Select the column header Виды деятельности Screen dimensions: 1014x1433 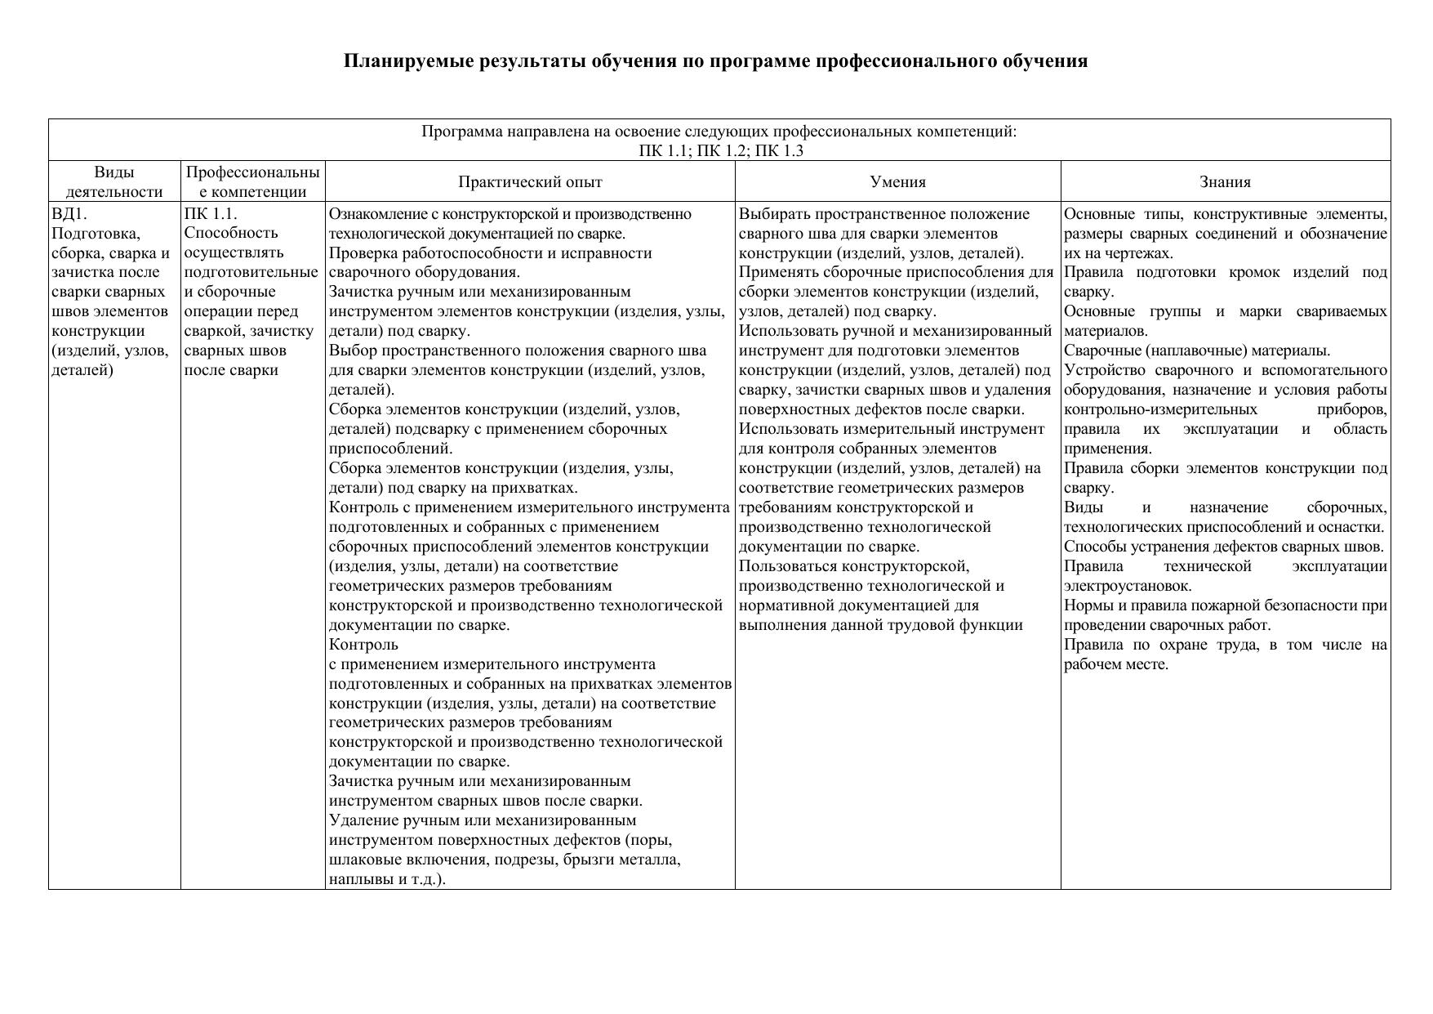[x=114, y=181]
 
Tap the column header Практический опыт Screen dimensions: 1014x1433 [x=530, y=181]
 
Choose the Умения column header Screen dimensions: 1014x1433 [x=897, y=181]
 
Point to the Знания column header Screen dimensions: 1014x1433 [x=1225, y=181]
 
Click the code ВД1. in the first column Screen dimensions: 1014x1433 [x=69, y=214]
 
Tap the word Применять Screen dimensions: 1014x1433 [x=777, y=273]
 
